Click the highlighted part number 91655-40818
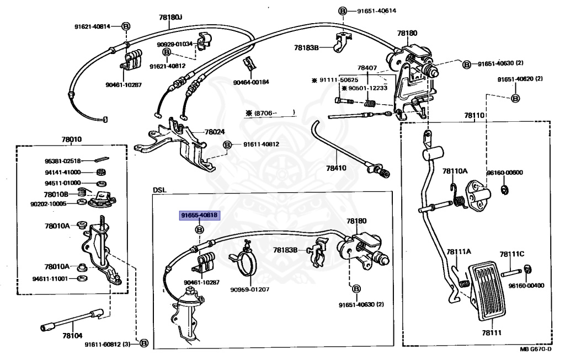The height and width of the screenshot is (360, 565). click(x=198, y=216)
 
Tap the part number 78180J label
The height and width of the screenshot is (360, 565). click(x=170, y=18)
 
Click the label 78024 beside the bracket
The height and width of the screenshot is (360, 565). click(x=215, y=132)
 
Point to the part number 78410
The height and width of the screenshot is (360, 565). click(x=337, y=168)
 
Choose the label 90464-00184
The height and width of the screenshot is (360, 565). click(x=250, y=82)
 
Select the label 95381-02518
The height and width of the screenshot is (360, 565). click(x=63, y=161)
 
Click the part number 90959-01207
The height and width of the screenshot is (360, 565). click(x=250, y=289)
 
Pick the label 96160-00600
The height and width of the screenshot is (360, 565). click(x=504, y=173)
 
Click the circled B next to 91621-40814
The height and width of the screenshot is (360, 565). click(x=125, y=26)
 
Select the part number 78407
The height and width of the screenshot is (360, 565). click(x=367, y=68)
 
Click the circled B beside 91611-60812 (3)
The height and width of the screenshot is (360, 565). click(x=144, y=343)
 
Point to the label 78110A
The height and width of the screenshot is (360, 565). click(x=455, y=170)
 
